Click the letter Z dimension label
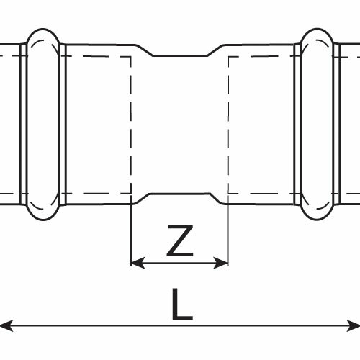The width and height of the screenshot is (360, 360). pyautogui.click(x=180, y=240)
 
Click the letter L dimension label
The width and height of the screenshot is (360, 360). pyautogui.click(x=182, y=305)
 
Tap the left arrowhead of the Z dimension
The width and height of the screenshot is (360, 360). pyautogui.click(x=138, y=263)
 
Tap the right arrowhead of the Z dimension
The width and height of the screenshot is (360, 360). pyautogui.click(x=221, y=263)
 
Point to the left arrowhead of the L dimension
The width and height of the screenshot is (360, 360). pyautogui.click(x=6, y=325)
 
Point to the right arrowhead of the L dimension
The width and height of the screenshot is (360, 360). pyautogui.click(x=354, y=325)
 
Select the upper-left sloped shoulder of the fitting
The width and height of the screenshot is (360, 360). pyautogui.click(x=144, y=50)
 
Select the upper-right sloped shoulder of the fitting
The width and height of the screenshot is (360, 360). pyautogui.click(x=215, y=50)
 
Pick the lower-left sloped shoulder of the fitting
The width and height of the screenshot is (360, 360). pyautogui.click(x=142, y=199)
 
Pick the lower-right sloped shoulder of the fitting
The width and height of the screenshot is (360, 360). pyautogui.click(x=218, y=199)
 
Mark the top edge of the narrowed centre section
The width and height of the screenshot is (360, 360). pyautogui.click(x=180, y=55)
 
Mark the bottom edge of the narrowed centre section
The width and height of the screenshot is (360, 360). pyautogui.click(x=180, y=194)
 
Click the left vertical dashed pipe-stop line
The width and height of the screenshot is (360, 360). pyautogui.click(x=131, y=125)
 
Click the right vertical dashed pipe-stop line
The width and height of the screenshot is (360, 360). pyautogui.click(x=228, y=125)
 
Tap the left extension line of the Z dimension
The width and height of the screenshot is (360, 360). pyautogui.click(x=131, y=234)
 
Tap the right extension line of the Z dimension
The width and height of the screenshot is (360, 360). pyautogui.click(x=228, y=234)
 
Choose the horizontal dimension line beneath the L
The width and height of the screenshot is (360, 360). pyautogui.click(x=180, y=325)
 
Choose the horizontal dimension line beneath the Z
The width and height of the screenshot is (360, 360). pyautogui.click(x=179, y=263)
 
